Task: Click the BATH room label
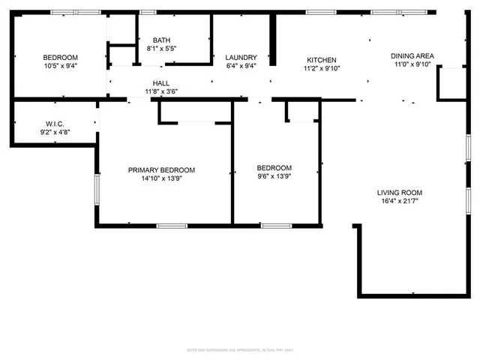(161, 40)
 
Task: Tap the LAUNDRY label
(241, 57)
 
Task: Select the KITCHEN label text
(321, 60)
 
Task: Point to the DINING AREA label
(412, 55)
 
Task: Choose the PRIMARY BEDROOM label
(161, 169)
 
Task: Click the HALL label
(161, 82)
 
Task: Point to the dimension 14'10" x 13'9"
(161, 178)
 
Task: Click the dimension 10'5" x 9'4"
(60, 66)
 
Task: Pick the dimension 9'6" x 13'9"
(274, 177)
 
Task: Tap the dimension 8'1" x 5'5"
(161, 49)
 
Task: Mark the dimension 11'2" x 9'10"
(321, 69)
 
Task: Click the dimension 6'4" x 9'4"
(241, 66)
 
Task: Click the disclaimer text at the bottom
(240, 349)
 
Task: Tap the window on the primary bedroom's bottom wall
(172, 225)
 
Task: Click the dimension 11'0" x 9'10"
(412, 64)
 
